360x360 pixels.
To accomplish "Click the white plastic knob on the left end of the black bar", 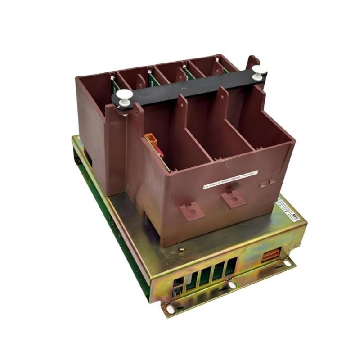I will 125,96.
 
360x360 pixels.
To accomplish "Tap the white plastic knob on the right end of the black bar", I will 259,71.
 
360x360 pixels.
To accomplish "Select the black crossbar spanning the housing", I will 189,85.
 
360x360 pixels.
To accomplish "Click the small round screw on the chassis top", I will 181,248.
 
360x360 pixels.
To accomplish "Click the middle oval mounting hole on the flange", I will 232,285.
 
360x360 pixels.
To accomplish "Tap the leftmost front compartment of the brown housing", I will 189,144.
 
